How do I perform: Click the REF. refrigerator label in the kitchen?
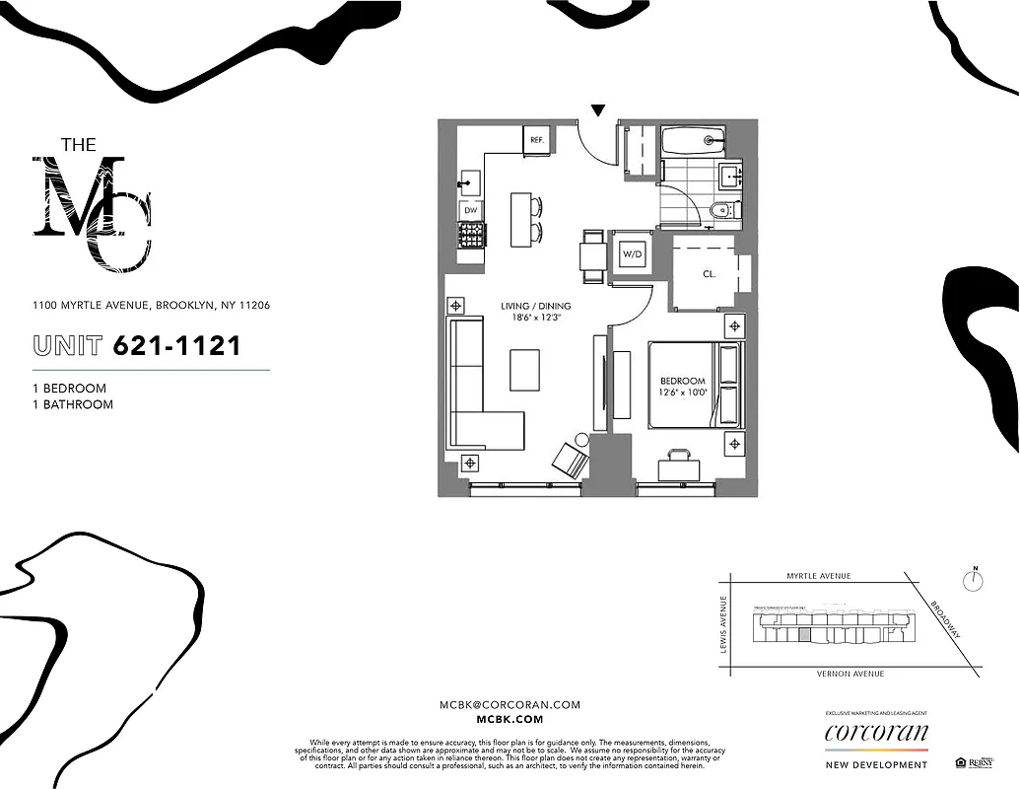tap(537, 140)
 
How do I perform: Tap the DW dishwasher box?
tap(471, 209)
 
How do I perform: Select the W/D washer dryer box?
tap(632, 254)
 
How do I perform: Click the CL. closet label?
tap(709, 274)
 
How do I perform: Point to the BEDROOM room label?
tap(683, 381)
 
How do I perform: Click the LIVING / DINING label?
tap(535, 307)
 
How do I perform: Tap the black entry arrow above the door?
tap(598, 110)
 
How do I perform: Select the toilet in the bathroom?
tap(721, 209)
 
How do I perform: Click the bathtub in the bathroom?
tap(694, 141)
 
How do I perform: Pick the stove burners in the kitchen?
tap(471, 235)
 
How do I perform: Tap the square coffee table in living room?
tap(525, 370)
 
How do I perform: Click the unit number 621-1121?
tap(177, 346)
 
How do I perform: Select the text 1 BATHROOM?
tap(73, 404)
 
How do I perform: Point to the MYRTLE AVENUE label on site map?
tap(818, 576)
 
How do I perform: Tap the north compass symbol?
tap(974, 580)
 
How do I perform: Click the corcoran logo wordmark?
tap(876, 733)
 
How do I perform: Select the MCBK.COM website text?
tap(510, 721)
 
